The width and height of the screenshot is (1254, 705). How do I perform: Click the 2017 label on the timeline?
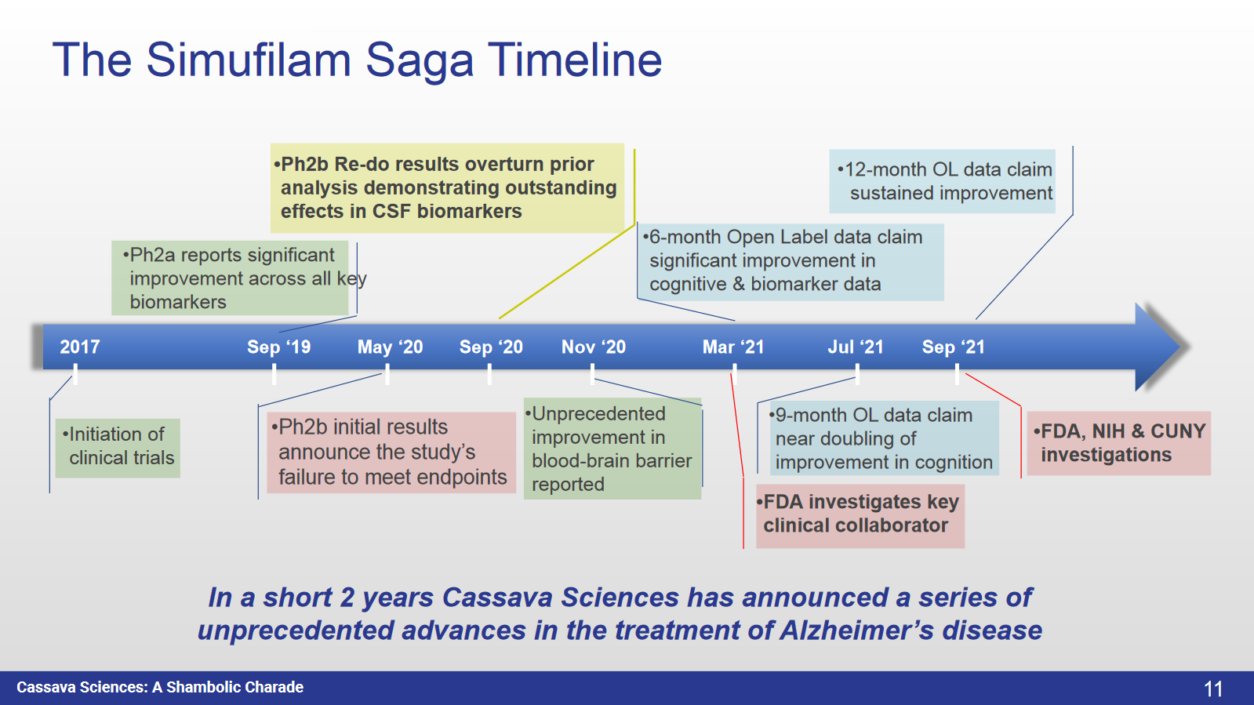point(80,347)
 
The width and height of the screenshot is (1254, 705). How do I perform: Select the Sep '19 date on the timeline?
point(278,347)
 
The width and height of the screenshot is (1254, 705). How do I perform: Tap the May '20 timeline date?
point(390,347)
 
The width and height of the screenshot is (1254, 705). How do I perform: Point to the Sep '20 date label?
point(491,347)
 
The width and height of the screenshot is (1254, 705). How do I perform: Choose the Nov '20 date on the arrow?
point(594,347)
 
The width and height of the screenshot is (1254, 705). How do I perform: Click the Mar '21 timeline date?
point(733,347)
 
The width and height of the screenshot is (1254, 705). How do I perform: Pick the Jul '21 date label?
point(856,347)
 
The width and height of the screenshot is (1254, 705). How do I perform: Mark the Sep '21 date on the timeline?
point(954,347)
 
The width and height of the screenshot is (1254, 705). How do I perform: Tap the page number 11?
point(1213,689)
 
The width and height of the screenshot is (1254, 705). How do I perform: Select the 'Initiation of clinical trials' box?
point(118,447)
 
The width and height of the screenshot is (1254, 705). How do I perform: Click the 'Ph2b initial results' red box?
point(391,452)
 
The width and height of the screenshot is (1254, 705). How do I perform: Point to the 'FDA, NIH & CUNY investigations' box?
point(1119,443)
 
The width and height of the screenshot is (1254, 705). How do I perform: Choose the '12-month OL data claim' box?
point(943,181)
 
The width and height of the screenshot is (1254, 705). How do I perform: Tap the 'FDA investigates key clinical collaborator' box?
point(860,514)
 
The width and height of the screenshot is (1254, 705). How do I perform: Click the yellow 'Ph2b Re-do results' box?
point(447,187)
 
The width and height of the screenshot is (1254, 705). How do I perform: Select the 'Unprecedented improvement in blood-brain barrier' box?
point(612,449)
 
